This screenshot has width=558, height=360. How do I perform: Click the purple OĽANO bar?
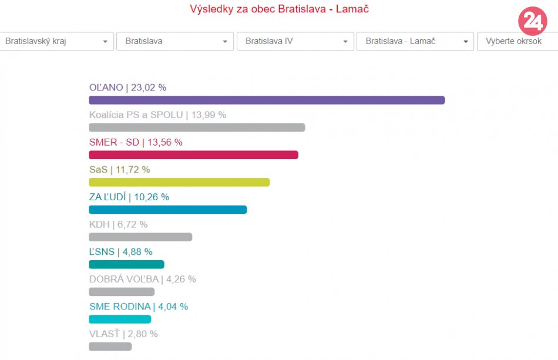267,100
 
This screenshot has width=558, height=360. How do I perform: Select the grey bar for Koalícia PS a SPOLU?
197,127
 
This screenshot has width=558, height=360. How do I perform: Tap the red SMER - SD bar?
193,155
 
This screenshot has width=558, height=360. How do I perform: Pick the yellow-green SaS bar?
179,182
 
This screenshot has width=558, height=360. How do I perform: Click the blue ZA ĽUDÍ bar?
167,210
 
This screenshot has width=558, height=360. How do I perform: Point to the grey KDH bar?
140,237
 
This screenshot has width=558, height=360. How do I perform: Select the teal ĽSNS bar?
126,264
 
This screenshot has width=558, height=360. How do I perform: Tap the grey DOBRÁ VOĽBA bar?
122,292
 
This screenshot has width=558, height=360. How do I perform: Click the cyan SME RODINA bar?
120,319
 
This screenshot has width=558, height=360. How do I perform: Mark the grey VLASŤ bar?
110,346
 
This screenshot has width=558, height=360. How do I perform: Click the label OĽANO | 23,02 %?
127,88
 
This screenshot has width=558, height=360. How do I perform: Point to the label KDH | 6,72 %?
118,224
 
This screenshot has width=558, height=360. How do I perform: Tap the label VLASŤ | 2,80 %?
123,334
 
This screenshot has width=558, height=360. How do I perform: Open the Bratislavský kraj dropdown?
56,41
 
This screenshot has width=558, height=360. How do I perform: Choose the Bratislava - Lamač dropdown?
415,41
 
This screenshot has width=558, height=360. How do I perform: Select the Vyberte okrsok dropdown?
517,41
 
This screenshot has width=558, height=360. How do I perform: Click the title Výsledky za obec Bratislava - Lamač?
279,9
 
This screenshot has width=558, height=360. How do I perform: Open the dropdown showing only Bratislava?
174,41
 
